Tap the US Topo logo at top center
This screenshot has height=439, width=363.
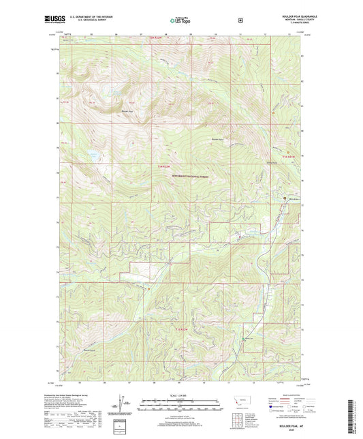pyautogui.click(x=180, y=21)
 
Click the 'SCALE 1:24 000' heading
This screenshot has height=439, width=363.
pyautogui.click(x=180, y=395)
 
